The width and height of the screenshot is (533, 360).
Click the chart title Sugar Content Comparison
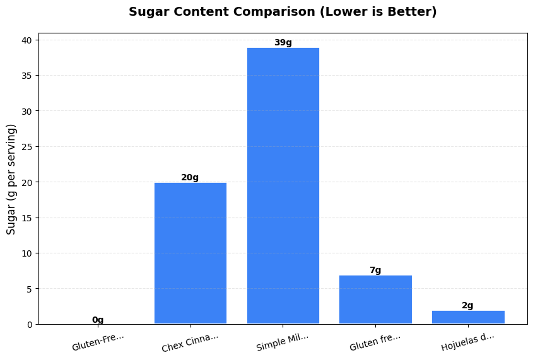(283, 12)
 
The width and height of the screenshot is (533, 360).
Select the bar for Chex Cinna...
(190, 253)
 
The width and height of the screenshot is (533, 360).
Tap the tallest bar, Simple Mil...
(283, 186)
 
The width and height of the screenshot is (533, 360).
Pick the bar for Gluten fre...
(375, 299)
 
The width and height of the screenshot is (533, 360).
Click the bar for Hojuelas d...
(468, 317)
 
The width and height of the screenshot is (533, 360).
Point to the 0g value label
(98, 320)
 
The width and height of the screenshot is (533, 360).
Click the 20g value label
(190, 177)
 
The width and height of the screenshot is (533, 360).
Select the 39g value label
(283, 42)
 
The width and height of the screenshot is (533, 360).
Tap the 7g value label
(375, 270)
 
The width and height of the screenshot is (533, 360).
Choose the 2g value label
(467, 305)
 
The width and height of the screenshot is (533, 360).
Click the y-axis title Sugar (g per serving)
(11, 179)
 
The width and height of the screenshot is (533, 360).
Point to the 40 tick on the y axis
(27, 40)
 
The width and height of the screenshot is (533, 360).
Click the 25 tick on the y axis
(27, 146)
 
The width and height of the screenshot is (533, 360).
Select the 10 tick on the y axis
(27, 253)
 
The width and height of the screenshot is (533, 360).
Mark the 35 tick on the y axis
(27, 76)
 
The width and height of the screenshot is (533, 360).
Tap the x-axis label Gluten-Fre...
(98, 341)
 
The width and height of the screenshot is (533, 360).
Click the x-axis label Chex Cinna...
(190, 342)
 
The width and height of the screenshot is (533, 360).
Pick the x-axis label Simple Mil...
(283, 342)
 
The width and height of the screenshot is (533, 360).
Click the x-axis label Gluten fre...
(375, 342)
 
